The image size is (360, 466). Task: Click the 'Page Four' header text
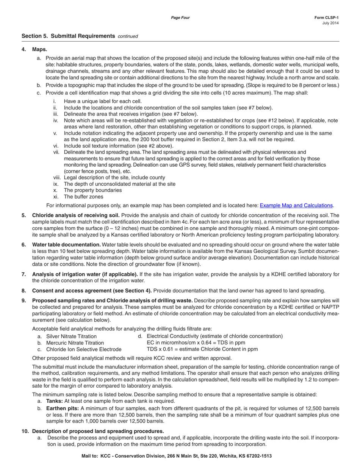(180, 18)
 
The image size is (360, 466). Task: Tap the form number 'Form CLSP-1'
(326, 18)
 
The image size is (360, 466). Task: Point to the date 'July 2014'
(330, 23)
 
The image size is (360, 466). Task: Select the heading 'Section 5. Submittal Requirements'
(68, 36)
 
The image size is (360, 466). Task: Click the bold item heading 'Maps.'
(40, 49)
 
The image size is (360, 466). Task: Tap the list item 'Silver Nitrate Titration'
(71, 336)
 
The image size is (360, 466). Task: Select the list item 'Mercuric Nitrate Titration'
(75, 342)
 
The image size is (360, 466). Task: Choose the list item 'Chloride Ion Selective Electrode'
(84, 349)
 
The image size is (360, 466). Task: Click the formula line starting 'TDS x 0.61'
(202, 349)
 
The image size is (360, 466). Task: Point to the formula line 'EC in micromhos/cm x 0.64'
(196, 342)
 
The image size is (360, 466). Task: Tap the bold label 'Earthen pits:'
(63, 408)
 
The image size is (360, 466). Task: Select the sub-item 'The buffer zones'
(83, 197)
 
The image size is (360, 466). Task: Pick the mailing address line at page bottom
(177, 456)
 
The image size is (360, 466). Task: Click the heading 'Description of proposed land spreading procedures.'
(98, 431)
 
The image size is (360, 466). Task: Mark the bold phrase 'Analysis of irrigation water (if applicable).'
(85, 274)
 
